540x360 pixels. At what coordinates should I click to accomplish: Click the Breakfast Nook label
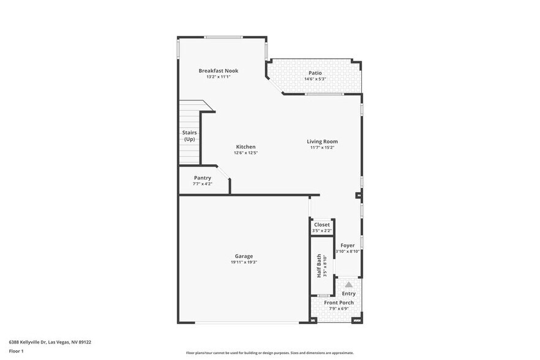(218, 71)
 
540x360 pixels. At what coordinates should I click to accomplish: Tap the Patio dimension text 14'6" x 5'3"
(315, 79)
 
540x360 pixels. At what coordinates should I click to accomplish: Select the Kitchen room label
(246, 147)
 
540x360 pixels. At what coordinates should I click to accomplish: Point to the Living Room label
(322, 141)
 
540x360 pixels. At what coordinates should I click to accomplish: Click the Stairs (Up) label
(189, 136)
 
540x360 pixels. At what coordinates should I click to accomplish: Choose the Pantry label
(202, 178)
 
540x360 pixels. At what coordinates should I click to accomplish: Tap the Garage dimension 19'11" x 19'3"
(244, 262)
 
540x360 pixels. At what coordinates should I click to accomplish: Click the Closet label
(321, 225)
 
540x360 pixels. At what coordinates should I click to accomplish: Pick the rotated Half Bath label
(319, 267)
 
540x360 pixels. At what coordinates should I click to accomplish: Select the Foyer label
(348, 246)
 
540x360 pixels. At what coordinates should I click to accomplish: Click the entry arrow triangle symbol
(348, 284)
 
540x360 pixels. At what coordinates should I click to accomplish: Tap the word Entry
(348, 294)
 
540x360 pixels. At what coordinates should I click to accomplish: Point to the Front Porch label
(339, 302)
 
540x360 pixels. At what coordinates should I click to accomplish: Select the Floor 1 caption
(17, 351)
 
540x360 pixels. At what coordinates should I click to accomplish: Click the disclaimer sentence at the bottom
(269, 353)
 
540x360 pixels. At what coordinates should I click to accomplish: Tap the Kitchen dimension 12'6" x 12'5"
(246, 152)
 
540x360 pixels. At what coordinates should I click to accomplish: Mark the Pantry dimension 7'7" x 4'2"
(202, 184)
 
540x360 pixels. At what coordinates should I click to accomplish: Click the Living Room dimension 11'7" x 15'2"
(322, 148)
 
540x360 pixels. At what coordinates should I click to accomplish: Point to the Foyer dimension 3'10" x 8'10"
(348, 251)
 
